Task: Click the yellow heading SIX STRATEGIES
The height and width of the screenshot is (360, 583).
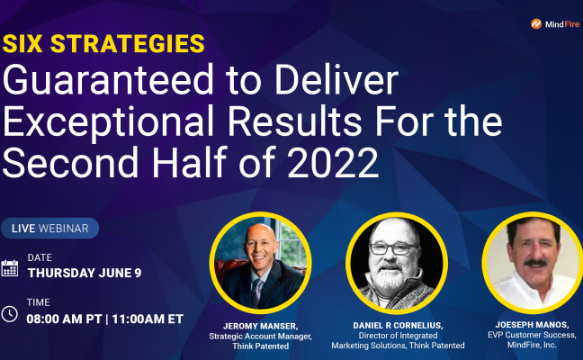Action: coord(103,43)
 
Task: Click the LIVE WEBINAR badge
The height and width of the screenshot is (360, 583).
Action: coord(50,229)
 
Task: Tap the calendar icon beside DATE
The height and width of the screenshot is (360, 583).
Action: coord(10,267)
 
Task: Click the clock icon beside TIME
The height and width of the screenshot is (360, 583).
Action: coord(10,314)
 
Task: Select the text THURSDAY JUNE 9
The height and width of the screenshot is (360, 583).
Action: coord(85,274)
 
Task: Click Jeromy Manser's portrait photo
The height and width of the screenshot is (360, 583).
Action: coord(260,263)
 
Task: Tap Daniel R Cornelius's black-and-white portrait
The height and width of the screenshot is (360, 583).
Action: coord(396,263)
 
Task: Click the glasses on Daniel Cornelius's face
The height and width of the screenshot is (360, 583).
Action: coord(396,248)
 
